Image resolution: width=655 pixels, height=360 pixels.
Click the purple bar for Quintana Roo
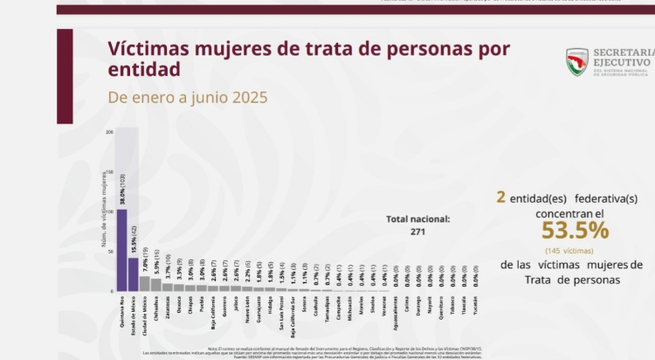(x=121, y=250)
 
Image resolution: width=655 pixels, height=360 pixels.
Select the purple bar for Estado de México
(x=133, y=274)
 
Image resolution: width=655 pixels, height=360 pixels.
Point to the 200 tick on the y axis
(x=109, y=132)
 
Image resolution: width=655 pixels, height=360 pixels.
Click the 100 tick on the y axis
(x=109, y=211)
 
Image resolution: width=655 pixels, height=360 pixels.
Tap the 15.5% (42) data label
(x=134, y=237)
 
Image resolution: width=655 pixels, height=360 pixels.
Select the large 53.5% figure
(x=575, y=230)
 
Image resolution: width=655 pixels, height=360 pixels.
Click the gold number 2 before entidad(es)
(x=500, y=197)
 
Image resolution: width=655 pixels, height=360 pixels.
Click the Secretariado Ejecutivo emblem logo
(x=578, y=61)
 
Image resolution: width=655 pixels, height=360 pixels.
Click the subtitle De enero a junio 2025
(x=188, y=97)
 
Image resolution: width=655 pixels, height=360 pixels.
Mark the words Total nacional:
(x=418, y=219)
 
